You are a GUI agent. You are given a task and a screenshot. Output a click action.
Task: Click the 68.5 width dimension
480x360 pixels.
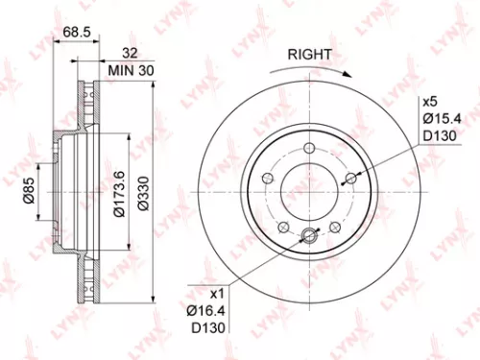click(77, 34)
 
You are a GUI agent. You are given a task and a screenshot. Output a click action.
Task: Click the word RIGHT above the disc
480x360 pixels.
click(311, 55)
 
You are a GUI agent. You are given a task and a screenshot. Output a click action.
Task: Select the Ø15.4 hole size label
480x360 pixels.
click(436, 118)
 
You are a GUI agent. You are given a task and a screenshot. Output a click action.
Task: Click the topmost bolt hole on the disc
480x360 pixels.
click(309, 148)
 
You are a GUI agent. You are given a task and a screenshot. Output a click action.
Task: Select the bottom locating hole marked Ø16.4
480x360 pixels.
click(309, 237)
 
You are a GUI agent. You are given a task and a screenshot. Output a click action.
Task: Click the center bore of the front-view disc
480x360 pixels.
click(309, 192)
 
